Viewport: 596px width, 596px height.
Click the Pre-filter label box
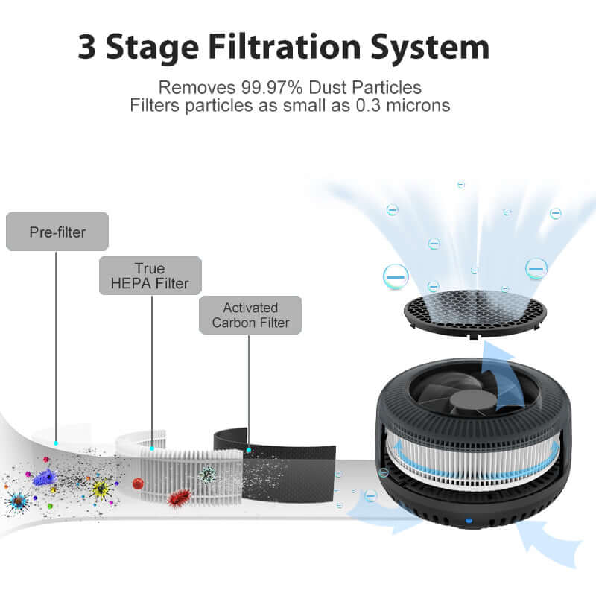57,232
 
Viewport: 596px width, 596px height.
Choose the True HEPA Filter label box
150,276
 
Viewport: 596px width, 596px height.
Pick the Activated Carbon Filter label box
250,314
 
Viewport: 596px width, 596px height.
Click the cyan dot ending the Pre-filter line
55,443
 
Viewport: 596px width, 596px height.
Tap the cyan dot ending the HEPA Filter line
152,448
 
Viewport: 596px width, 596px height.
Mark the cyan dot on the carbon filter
249,450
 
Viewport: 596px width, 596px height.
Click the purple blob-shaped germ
46,478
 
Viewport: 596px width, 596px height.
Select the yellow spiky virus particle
100,488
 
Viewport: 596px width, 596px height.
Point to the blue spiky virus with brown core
16,501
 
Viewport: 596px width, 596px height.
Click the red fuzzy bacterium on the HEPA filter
179,497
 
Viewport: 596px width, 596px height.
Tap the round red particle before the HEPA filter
137,484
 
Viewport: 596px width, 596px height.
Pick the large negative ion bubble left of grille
396,277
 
